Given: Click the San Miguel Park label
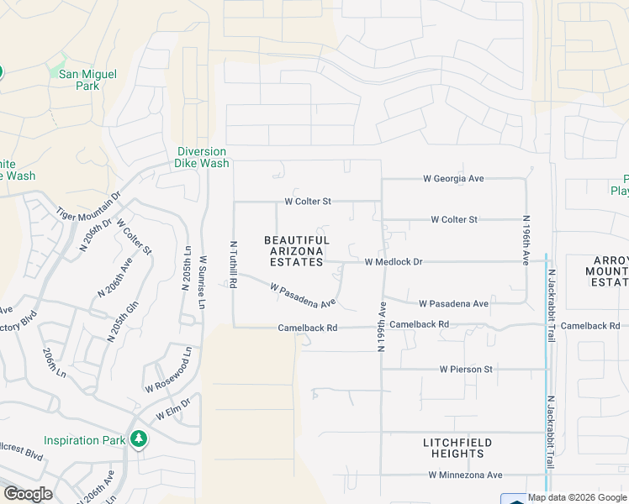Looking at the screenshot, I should [x=87, y=80].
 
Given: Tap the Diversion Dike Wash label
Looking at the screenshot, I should [x=202, y=157].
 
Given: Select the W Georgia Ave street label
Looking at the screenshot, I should [x=453, y=179].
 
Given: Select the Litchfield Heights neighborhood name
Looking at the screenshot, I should [x=457, y=448].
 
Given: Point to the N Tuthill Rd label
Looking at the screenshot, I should [x=233, y=266].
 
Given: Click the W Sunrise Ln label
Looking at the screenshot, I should [x=202, y=282].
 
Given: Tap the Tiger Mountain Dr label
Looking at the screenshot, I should [x=89, y=204].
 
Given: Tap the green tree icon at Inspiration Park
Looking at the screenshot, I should [x=139, y=438].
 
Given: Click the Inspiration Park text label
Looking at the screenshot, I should [x=83, y=439].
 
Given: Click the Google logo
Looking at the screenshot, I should [x=28, y=494].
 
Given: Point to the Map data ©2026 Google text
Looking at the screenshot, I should [x=577, y=497].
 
